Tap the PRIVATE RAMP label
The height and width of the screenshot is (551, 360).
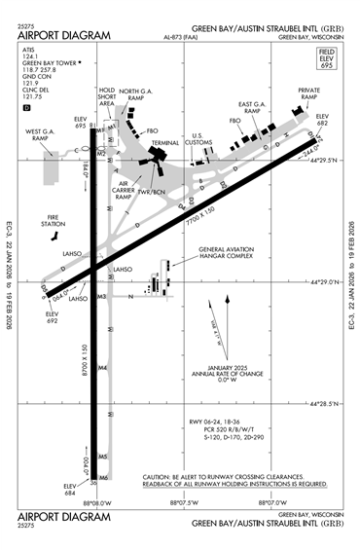[x=308, y=95]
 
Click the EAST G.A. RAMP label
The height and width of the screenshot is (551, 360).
[x=255, y=108]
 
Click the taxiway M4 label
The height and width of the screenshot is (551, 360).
[x=101, y=367]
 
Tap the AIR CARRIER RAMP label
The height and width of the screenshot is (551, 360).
[x=124, y=189]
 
